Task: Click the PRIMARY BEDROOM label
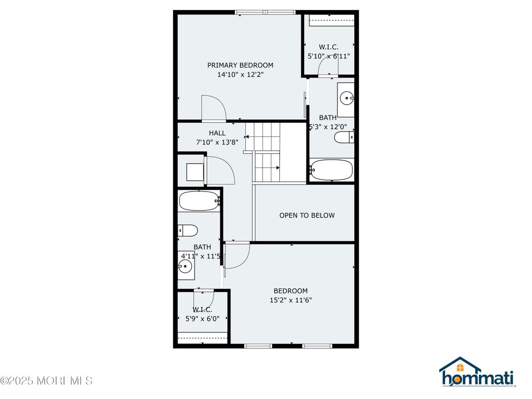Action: pos(240,65)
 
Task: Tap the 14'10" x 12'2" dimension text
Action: pos(240,74)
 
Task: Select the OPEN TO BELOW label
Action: pos(307,215)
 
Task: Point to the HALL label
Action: pos(217,133)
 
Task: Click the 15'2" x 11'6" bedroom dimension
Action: pos(291,300)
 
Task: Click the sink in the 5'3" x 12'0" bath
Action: pos(346,98)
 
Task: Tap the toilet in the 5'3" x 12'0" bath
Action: pos(344,137)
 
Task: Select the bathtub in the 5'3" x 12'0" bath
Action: pos(332,170)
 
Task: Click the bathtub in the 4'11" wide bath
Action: pos(199,201)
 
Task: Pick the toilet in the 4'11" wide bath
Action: pos(188,231)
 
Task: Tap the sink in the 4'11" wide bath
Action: pos(185,266)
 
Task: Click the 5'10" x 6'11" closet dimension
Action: pos(329,56)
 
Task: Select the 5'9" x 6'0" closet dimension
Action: pos(202,319)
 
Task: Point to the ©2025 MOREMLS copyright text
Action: pos(47,381)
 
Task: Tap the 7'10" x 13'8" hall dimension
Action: pos(217,142)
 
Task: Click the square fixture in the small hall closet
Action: pos(195,172)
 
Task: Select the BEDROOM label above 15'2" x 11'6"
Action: pos(291,291)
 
